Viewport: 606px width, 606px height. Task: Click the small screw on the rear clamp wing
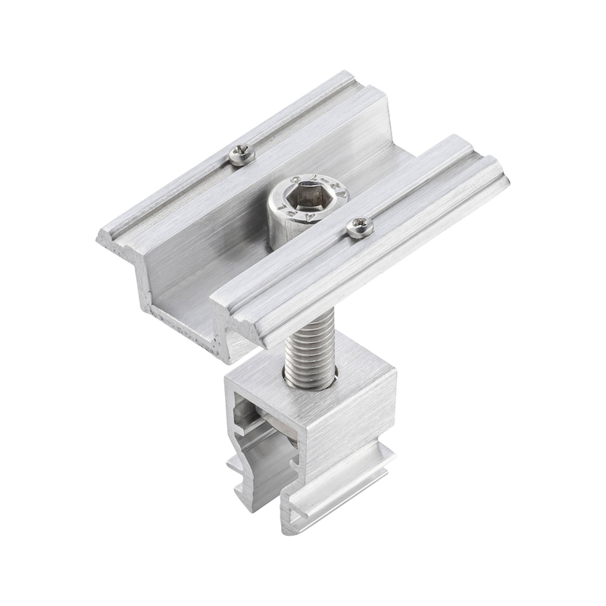(240, 156)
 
